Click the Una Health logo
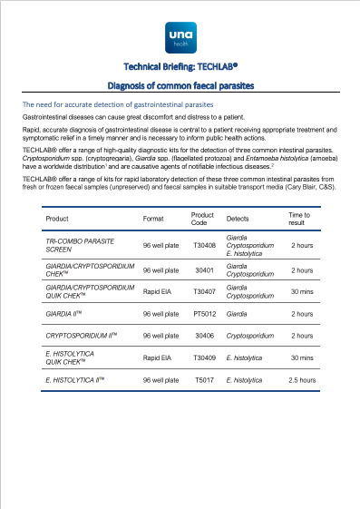(x=180, y=36)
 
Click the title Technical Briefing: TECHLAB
(x=180, y=67)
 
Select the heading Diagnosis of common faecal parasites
(x=180, y=85)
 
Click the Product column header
(x=57, y=219)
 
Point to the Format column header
(x=153, y=219)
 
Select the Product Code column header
(x=202, y=219)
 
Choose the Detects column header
(x=238, y=219)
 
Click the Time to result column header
(x=299, y=219)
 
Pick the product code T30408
(x=205, y=245)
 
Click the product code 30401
(x=205, y=270)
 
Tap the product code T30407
(x=205, y=290)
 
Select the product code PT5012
(x=205, y=312)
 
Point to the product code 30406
(x=205, y=334)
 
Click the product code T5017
(x=205, y=379)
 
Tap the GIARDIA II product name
(x=63, y=312)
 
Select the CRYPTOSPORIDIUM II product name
(x=78, y=334)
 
